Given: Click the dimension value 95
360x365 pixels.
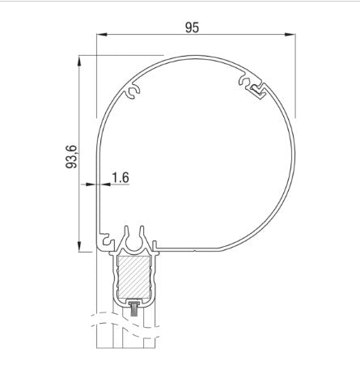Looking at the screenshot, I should (192, 27).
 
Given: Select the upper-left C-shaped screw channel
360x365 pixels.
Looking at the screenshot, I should (133, 95).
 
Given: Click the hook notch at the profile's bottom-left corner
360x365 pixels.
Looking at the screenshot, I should (105, 240).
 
